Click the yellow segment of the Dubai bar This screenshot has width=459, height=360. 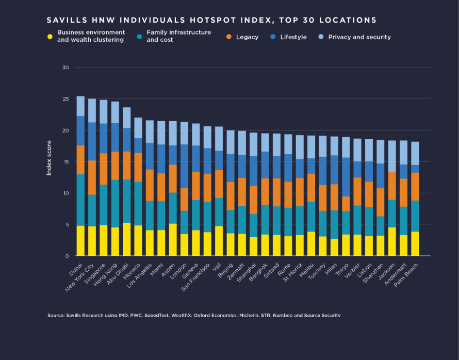[x=80, y=241]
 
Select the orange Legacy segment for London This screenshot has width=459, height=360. [x=184, y=200]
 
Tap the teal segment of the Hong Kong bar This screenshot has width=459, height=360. [x=115, y=204]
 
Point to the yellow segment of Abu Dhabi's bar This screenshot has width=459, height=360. [x=126, y=239]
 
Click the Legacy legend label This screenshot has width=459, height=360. [x=247, y=37]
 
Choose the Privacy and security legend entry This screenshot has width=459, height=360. [x=359, y=37]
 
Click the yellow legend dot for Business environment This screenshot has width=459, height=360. [x=50, y=36]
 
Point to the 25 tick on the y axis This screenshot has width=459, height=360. [x=65, y=99]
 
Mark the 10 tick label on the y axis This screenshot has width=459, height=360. [x=65, y=193]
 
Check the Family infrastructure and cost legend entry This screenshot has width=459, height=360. [x=178, y=36]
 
